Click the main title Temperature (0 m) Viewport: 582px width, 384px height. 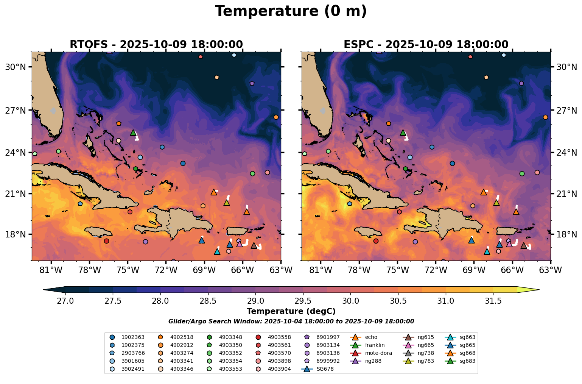point(291,11)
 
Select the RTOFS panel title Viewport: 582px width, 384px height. point(156,44)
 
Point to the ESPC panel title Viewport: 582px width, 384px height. point(426,44)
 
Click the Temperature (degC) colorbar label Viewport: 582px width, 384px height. point(291,311)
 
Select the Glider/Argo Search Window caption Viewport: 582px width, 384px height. point(291,321)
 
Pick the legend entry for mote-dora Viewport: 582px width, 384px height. point(378,353)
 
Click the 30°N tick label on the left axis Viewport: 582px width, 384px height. point(16,67)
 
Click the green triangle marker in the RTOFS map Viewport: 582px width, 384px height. point(133,133)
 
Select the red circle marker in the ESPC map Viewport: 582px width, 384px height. point(376,241)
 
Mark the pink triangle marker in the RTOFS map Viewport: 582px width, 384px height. point(240,244)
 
